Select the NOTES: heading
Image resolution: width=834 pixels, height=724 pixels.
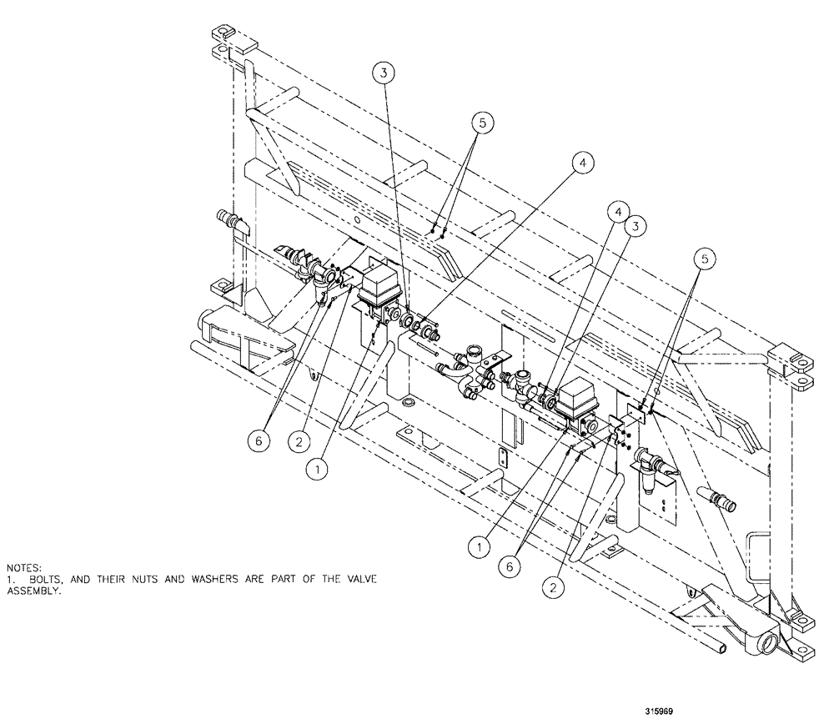click(22, 567)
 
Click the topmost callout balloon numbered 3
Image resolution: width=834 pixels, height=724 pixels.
click(382, 73)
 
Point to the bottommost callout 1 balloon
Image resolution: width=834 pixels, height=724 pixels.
click(479, 547)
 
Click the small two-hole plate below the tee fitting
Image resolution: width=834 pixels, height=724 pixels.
click(503, 458)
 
